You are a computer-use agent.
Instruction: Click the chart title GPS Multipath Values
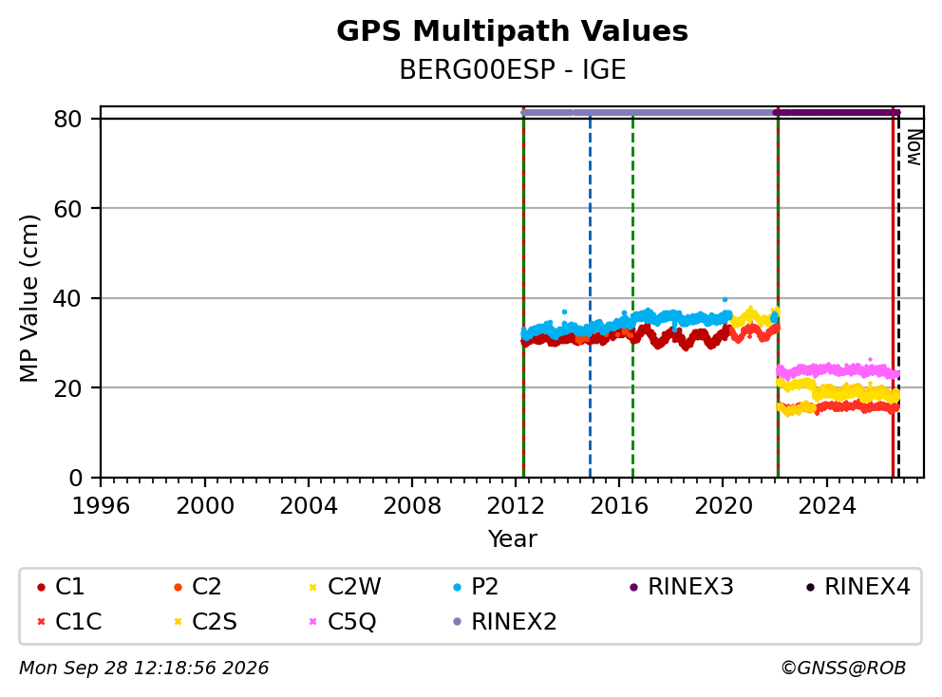[x=512, y=31]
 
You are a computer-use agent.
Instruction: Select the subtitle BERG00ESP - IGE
[x=513, y=69]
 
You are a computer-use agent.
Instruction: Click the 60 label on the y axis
[x=67, y=209]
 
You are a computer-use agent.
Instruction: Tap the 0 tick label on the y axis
[x=75, y=479]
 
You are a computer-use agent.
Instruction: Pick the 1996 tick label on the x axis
[x=101, y=506]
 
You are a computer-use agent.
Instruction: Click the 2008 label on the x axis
[x=412, y=506]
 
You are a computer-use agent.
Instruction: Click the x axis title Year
[x=513, y=539]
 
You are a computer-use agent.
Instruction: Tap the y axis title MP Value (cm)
[x=28, y=298]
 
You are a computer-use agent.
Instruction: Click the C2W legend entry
[x=345, y=587]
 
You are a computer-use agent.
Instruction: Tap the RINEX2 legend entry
[x=504, y=621]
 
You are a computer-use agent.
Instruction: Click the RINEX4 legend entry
[x=857, y=587]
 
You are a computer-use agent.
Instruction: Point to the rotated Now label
[x=914, y=148]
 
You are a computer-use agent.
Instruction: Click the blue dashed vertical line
[x=590, y=298]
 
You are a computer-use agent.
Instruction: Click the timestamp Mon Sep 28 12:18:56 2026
[x=144, y=669]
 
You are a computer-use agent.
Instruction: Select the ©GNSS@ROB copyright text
[x=843, y=669]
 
